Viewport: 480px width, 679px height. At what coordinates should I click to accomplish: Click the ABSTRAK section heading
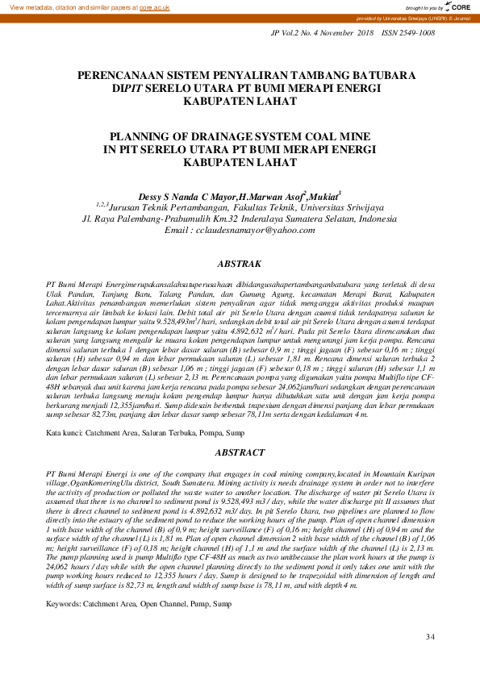pos(240,264)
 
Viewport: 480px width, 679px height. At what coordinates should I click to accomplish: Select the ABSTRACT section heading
pos(240,453)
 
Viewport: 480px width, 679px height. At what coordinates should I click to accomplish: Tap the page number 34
pos(429,638)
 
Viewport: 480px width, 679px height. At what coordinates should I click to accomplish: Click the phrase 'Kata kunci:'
pos(66,434)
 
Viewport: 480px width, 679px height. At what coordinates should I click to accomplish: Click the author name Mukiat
pos(323,196)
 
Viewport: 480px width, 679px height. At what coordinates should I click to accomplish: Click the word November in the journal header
pos(330,33)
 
